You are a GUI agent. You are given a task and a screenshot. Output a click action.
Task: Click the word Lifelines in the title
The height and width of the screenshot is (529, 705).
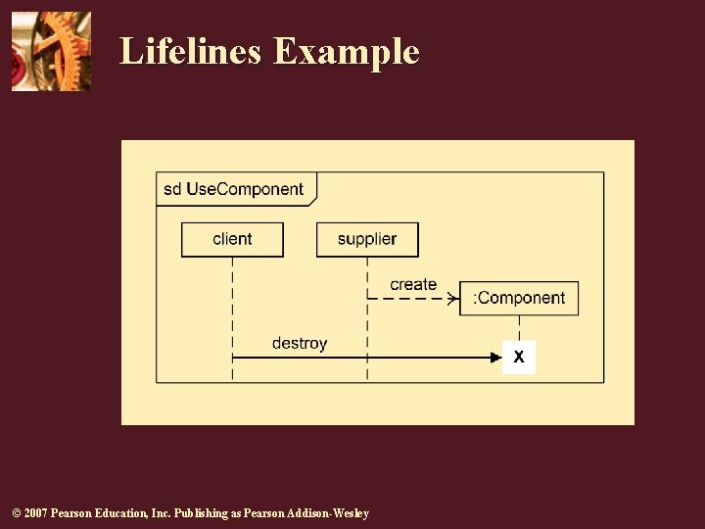(x=191, y=51)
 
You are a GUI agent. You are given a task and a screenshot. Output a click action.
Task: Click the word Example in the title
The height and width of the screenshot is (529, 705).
(x=347, y=51)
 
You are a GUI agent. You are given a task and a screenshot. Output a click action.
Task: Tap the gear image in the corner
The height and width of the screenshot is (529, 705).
(x=51, y=51)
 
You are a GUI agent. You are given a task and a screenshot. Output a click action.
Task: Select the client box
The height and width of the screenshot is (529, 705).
(x=232, y=239)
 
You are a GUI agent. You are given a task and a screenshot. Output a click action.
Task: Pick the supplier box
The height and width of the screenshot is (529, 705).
(x=367, y=239)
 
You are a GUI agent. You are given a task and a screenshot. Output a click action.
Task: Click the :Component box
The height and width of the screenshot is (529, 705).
(x=519, y=298)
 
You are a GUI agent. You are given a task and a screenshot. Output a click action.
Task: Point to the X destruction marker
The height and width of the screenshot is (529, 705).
(x=519, y=358)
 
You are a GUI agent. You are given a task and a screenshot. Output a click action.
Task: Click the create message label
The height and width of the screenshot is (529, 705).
(x=413, y=284)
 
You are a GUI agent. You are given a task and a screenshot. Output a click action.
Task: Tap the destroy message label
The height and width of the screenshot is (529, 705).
(x=300, y=343)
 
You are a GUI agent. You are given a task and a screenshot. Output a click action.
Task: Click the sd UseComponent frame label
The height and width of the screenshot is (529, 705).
(x=234, y=189)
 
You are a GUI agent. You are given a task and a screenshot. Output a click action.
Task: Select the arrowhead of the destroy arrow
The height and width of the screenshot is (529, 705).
(x=495, y=358)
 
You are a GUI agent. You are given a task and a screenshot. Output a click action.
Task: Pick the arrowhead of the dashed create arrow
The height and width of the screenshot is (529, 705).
(x=452, y=298)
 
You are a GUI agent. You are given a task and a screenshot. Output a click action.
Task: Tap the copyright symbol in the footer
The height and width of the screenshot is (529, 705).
(x=14, y=513)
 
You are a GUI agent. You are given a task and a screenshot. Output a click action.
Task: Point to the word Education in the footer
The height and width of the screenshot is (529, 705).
(x=122, y=513)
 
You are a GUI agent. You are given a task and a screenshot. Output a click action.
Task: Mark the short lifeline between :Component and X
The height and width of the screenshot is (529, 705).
(x=519, y=328)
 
